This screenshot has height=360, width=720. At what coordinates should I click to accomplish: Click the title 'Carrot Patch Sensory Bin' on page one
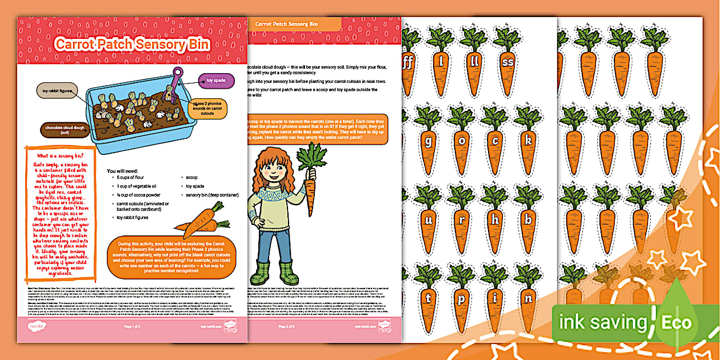132,45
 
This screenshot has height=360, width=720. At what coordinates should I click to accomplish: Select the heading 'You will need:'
127,171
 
